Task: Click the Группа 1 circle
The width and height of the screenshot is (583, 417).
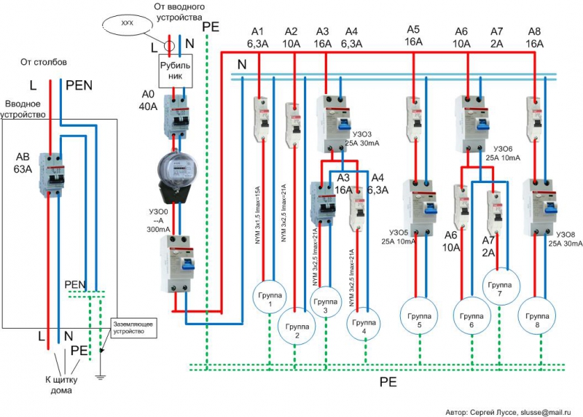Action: pyautogui.click(x=267, y=297)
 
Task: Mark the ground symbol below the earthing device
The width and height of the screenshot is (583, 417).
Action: pyautogui.click(x=101, y=377)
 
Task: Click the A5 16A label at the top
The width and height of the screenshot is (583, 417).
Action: pyautogui.click(x=413, y=36)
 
